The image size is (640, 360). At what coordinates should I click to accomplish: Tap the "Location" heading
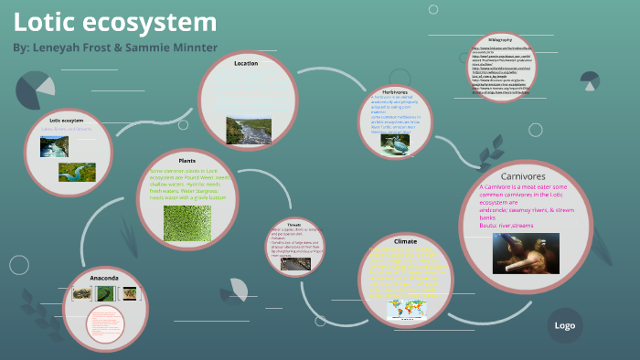pyautogui.click(x=246, y=63)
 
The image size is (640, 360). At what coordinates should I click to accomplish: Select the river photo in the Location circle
pyautogui.click(x=247, y=131)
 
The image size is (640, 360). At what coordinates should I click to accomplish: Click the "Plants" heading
pyautogui.click(x=187, y=160)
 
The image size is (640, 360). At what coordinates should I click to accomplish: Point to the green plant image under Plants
pyautogui.click(x=187, y=225)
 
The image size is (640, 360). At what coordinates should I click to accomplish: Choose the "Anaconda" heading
pyautogui.click(x=105, y=276)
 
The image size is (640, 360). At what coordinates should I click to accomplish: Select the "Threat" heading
pyautogui.click(x=294, y=223)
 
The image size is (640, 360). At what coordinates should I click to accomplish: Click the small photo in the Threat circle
pyautogui.click(x=294, y=263)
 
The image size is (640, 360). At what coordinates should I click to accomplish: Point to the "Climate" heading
pyautogui.click(x=405, y=240)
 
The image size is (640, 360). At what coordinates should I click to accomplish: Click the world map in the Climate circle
pyautogui.click(x=405, y=309)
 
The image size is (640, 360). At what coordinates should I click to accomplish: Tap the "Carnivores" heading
pyautogui.click(x=524, y=175)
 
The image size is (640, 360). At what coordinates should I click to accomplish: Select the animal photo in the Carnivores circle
pyautogui.click(x=526, y=253)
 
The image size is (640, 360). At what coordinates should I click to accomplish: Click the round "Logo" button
pyautogui.click(x=564, y=325)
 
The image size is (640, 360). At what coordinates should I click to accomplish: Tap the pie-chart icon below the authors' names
pyautogui.click(x=35, y=92)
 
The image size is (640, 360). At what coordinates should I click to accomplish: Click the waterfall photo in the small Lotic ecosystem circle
pyautogui.click(x=54, y=146)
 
